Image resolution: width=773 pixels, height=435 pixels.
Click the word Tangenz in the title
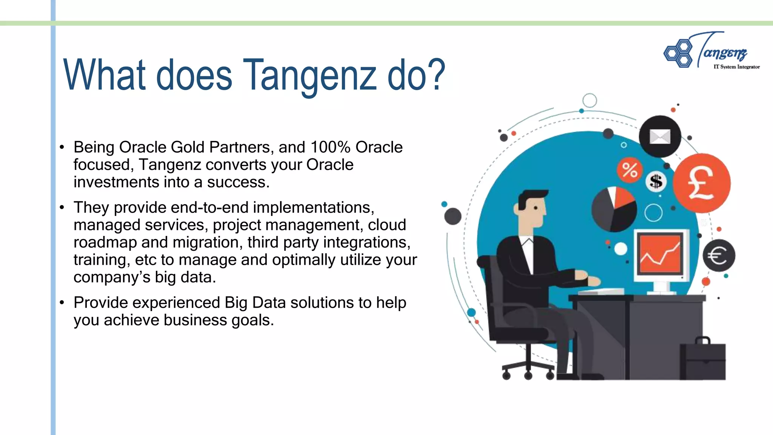(x=310, y=76)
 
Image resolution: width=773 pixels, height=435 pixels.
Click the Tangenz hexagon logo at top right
(x=678, y=53)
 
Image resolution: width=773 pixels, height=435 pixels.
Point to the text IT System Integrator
(x=736, y=67)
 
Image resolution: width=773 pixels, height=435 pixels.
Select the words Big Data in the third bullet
(x=250, y=303)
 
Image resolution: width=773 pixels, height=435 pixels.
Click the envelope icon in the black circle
(x=660, y=136)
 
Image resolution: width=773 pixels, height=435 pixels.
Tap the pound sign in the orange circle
(x=701, y=184)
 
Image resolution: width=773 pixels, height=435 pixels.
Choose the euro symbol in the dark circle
(x=718, y=256)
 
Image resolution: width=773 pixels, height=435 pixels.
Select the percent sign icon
(x=630, y=170)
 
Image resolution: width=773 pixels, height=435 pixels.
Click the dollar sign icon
(x=656, y=182)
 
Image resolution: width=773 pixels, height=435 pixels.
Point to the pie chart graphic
(x=614, y=209)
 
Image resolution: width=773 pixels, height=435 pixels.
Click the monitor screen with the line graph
(x=661, y=254)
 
